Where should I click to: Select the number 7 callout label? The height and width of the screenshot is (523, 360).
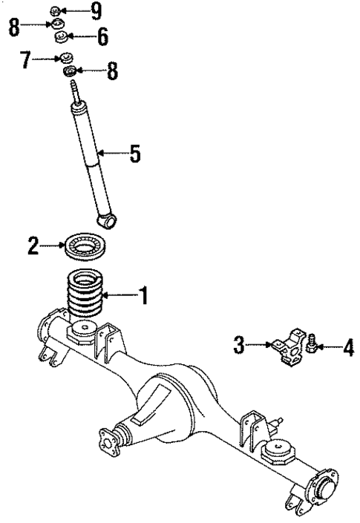tap(25, 59)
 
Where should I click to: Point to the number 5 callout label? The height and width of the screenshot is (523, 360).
tap(134, 154)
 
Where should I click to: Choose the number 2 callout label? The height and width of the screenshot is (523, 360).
tap(33, 246)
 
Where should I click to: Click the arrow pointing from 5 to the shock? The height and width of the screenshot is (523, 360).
tap(111, 154)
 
